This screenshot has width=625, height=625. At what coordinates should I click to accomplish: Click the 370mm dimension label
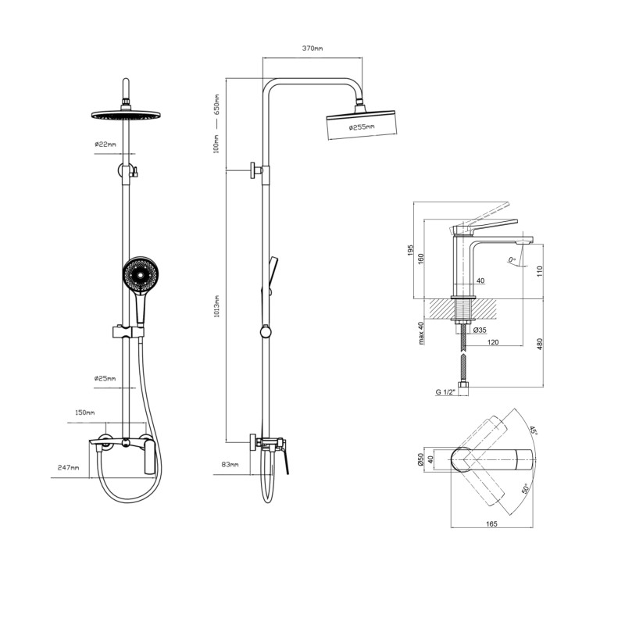[x=312, y=48]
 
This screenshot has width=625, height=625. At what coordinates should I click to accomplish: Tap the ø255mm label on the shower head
[x=362, y=127]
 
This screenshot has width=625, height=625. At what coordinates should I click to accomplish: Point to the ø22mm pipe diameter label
[x=105, y=145]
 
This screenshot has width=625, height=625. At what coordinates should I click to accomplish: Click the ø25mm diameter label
[x=105, y=378]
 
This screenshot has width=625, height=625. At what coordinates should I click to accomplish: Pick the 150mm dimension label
[x=85, y=412]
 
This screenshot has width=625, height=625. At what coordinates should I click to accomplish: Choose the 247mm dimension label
[x=68, y=467]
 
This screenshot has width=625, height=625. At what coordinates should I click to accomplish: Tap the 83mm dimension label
[x=230, y=464]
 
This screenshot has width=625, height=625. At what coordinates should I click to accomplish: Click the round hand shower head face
[x=141, y=274]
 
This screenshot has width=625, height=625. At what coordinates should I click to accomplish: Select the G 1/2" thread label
[x=445, y=392]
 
